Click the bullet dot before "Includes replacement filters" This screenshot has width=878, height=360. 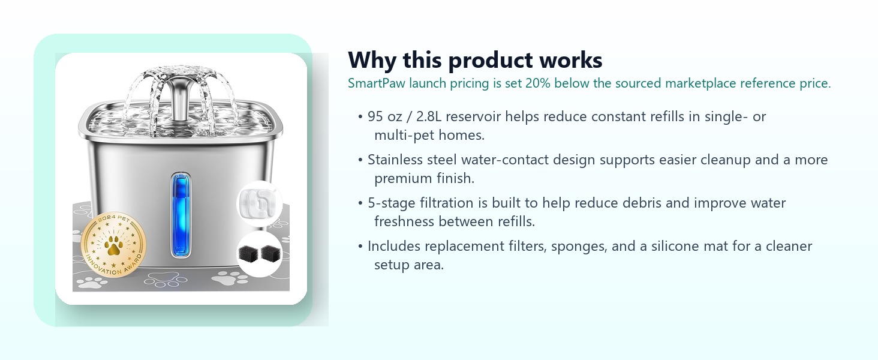360,247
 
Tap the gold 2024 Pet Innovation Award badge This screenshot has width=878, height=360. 114,245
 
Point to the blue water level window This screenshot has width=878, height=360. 181,215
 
